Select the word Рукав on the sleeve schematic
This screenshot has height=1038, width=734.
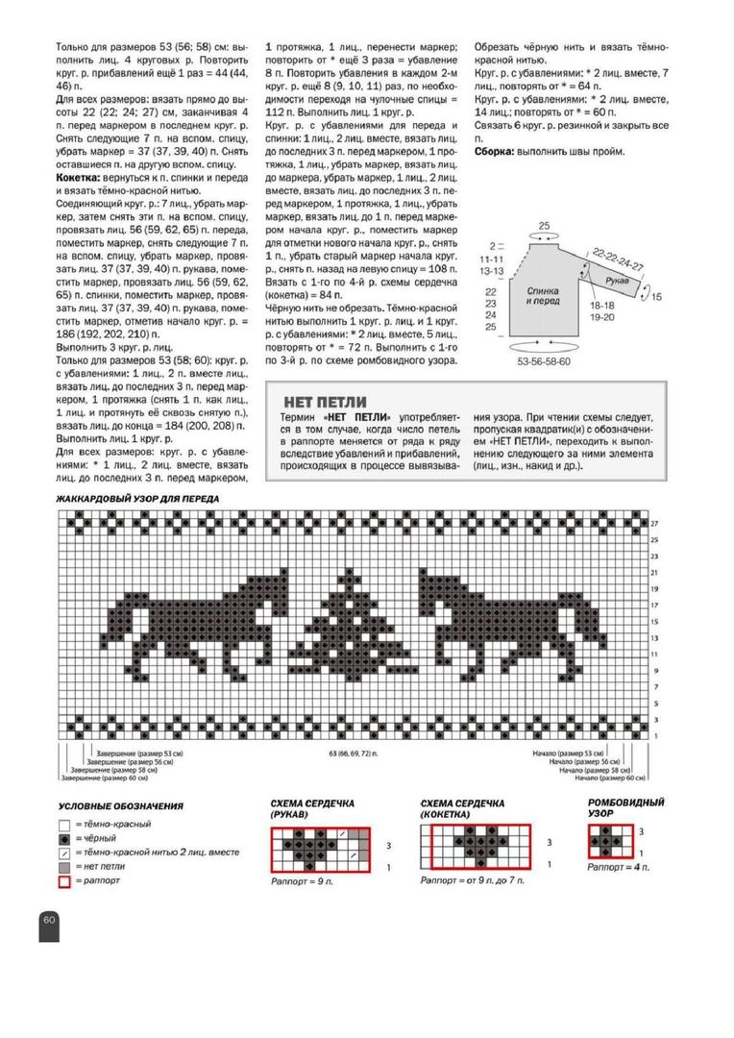click(618, 280)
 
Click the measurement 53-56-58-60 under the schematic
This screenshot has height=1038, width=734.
click(544, 360)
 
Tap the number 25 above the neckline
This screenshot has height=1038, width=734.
click(544, 226)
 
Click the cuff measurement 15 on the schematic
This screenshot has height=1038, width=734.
click(657, 298)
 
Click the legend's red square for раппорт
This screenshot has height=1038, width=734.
click(64, 879)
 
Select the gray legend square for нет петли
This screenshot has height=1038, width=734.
click(64, 866)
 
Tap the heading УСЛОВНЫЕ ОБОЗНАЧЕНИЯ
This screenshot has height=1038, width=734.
click(120, 805)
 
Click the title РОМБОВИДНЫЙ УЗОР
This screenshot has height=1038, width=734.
click(626, 806)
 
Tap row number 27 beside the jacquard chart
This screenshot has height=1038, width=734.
click(656, 523)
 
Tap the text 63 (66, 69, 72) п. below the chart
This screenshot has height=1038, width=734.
click(350, 752)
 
